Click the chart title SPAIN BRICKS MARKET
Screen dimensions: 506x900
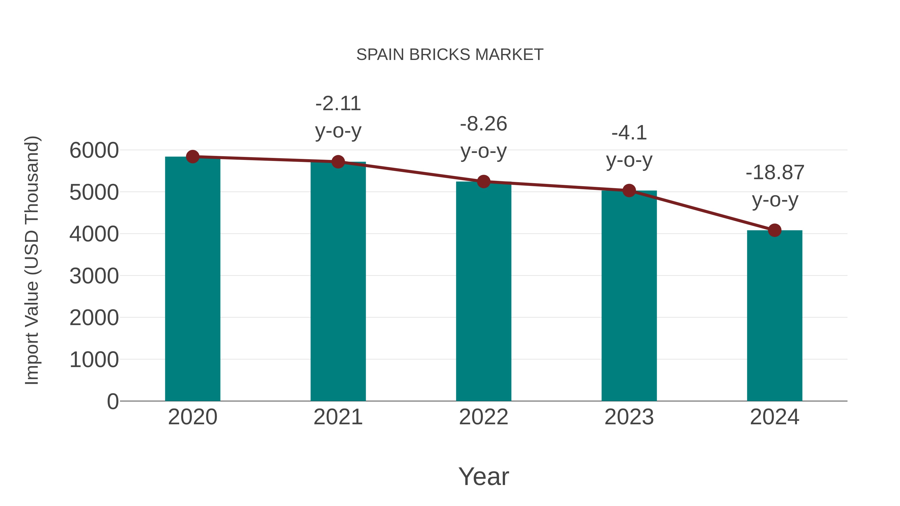click(450, 55)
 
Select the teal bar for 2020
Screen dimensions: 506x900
click(192, 279)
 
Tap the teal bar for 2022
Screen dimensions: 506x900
click(483, 292)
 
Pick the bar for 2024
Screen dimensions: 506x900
click(774, 316)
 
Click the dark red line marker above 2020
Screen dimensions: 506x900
click(192, 157)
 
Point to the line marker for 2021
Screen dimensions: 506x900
click(338, 162)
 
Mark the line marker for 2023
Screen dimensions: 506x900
click(629, 190)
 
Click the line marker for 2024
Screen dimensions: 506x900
click(774, 230)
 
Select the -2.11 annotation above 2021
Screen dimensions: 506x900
click(338, 104)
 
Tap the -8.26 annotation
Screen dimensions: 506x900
click(483, 124)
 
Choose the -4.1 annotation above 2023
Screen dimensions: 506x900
click(629, 133)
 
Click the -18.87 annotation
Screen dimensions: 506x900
click(774, 172)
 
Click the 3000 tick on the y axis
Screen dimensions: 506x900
click(94, 276)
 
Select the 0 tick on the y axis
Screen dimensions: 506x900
click(112, 401)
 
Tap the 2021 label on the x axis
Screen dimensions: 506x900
click(338, 417)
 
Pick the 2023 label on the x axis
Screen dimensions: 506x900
click(629, 417)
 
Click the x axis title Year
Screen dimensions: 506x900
click(483, 476)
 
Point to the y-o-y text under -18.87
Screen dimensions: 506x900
click(774, 200)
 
